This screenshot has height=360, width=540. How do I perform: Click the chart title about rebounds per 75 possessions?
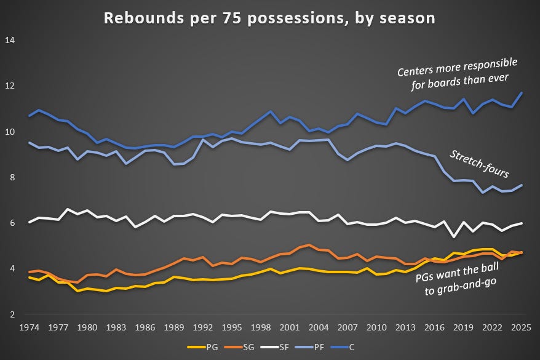(269, 18)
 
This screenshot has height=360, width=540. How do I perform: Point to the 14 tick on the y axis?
(10, 41)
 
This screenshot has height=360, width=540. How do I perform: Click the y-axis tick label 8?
(13, 177)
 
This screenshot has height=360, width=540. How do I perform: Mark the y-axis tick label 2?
(13, 314)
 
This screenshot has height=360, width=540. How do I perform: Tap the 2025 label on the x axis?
(522, 327)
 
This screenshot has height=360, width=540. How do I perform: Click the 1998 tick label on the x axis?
(261, 327)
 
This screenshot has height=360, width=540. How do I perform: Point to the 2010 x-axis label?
(377, 327)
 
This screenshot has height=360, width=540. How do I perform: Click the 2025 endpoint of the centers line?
(522, 93)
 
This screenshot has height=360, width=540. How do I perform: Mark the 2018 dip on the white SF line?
(454, 236)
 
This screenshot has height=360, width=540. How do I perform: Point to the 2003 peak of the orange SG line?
(309, 245)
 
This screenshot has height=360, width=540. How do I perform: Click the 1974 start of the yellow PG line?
(30, 278)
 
